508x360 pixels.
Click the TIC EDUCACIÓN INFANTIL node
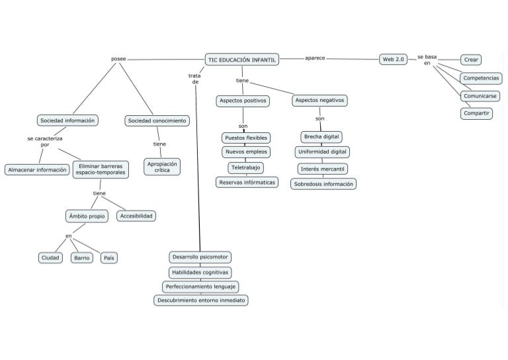pos(242,60)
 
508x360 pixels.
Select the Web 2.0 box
pos(394,60)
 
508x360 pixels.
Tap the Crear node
pos(471,60)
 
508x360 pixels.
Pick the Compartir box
pos(477,113)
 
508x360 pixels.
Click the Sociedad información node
pos(68,120)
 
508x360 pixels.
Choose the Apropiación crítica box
pos(162,166)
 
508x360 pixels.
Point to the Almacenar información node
pos(37,169)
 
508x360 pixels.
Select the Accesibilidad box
pos(137,215)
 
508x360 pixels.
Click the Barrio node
pos(82,257)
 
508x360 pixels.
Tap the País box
pos(109,257)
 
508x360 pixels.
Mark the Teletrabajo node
pos(246,167)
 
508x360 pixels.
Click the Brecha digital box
pos(321,137)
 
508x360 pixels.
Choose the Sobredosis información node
pos(323,184)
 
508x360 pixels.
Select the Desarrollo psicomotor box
pos(200,256)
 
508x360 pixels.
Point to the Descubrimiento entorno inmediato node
pos(200,300)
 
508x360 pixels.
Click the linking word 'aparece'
pos(315,58)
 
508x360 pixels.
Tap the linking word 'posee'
pos(118,59)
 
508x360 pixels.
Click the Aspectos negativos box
pos(319,101)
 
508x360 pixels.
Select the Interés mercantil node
pos(322,168)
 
